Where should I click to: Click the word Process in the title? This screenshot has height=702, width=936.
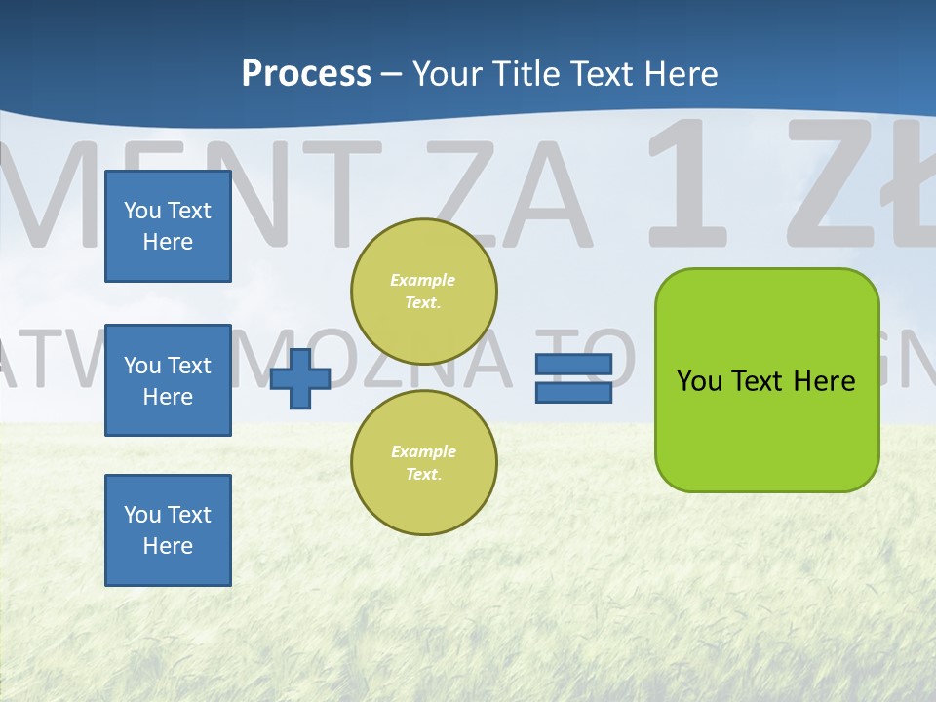306,73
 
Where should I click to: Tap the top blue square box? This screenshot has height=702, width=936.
168,226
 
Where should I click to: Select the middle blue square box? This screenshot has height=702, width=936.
168,380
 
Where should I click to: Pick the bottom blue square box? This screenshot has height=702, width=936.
168,530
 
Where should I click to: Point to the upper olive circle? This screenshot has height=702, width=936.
424,292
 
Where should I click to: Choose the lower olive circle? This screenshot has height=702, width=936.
424,463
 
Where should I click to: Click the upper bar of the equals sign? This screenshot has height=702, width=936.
573,364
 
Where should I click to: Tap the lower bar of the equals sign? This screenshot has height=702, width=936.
573,393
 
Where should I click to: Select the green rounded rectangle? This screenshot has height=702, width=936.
766,429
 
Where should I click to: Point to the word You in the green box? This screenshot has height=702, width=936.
699,381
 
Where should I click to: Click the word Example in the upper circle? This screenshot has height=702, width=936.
423,280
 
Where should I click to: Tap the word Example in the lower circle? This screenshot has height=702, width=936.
423,451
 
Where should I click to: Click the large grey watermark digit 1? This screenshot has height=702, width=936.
689,185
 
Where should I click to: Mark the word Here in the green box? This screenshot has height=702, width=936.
825,381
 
